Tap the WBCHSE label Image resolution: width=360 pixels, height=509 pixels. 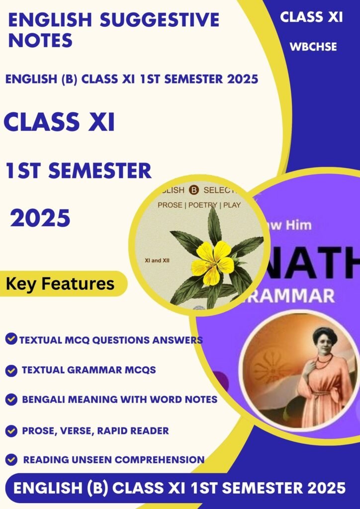click(314, 47)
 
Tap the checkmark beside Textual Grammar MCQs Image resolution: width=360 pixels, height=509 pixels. click(10, 370)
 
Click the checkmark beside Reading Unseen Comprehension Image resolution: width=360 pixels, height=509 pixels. click(12, 460)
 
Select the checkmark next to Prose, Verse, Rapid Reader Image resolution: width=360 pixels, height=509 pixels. click(10, 430)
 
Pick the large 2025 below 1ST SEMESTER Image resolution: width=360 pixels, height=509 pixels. click(41, 218)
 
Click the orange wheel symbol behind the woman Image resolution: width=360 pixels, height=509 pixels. click(267, 368)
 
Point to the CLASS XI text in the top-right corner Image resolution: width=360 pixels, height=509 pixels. click(311, 17)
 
